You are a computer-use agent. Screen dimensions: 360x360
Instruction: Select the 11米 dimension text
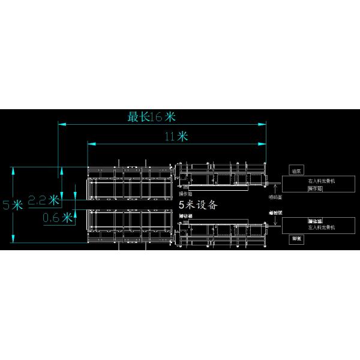(176, 136)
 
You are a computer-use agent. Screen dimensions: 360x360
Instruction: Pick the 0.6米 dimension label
(58, 217)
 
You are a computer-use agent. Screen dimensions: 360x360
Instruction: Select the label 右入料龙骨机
(322, 181)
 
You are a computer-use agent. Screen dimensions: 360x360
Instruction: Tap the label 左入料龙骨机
(321, 228)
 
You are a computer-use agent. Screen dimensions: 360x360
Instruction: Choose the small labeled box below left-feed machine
(296, 238)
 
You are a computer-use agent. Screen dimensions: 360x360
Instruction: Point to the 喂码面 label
(276, 196)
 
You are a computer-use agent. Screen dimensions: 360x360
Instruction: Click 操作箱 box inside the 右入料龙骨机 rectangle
(315, 188)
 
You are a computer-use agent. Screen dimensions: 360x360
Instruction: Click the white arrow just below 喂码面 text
(275, 223)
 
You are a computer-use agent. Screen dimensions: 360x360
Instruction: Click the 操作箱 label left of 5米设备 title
(185, 194)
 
